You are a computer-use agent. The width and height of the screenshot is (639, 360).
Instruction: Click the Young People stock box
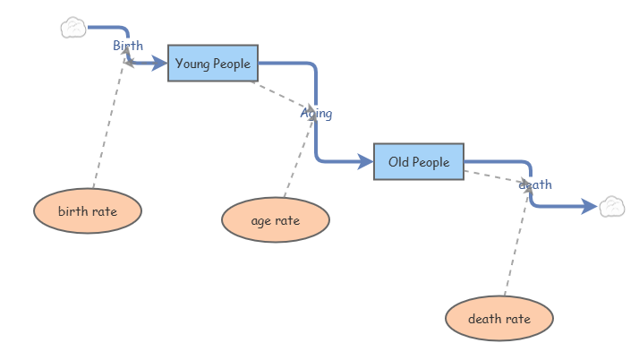213,63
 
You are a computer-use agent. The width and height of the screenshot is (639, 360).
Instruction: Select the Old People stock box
419,162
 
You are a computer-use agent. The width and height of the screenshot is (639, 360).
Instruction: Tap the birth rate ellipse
88,211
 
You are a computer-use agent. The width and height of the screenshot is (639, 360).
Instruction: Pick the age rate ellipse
275,220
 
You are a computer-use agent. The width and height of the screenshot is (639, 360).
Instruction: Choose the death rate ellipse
499,318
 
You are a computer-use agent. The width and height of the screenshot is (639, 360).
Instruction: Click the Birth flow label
128,46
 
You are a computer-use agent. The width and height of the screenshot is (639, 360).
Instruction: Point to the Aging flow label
316,114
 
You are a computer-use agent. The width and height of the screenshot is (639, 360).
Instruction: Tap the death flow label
535,184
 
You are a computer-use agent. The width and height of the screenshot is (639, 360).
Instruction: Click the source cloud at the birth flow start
73,28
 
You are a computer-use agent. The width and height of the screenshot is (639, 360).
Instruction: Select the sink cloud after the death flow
612,206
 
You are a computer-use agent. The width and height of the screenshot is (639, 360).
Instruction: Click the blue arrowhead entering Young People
159,64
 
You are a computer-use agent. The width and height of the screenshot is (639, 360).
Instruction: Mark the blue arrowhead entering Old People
365,162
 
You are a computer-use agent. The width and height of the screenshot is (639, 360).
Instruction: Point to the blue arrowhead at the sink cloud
590,207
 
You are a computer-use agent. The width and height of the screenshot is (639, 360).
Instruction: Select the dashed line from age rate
298,157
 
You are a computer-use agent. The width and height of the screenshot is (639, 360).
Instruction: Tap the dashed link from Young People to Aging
281,95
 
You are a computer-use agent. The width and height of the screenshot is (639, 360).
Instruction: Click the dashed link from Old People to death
494,176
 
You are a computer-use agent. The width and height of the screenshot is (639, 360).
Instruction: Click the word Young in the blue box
192,64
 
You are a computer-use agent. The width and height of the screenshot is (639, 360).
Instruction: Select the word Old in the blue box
399,162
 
